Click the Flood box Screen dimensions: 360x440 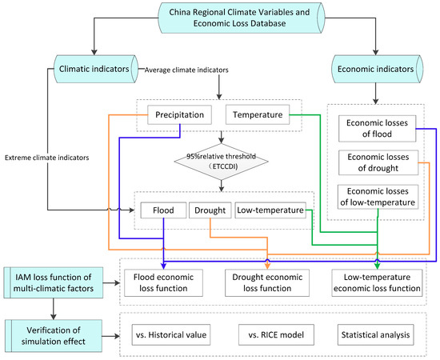[x=163, y=211]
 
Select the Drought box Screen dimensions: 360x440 [x=210, y=211]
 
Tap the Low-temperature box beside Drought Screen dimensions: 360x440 [x=269, y=211]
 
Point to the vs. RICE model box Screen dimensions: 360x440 [x=268, y=331]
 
